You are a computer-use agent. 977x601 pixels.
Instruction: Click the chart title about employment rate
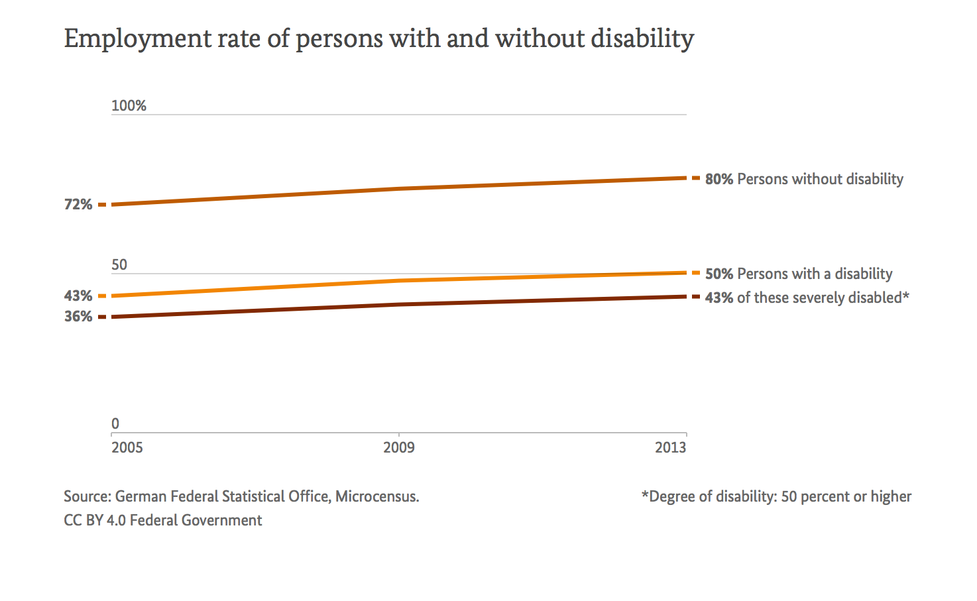point(378,38)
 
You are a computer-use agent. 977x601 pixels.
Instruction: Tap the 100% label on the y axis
point(129,106)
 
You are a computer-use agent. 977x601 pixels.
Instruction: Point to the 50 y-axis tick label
point(119,265)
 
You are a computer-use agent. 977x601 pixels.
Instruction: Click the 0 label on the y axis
point(115,424)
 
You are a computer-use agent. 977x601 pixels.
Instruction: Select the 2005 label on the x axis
point(127,447)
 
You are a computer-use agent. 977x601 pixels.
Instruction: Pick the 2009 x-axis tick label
point(399,447)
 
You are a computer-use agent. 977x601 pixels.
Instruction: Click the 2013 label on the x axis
point(671,447)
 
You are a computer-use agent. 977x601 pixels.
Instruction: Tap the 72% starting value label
point(78,205)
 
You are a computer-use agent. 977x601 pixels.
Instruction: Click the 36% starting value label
point(78,317)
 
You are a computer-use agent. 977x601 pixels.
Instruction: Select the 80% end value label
point(719,179)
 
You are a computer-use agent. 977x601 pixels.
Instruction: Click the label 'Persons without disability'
point(820,179)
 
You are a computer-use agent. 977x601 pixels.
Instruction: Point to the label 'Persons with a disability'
point(815,274)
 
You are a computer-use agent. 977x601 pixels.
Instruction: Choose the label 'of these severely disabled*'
point(823,298)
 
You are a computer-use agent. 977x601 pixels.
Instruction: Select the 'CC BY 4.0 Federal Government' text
point(163,520)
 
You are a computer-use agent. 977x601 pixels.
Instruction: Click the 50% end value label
point(719,274)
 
